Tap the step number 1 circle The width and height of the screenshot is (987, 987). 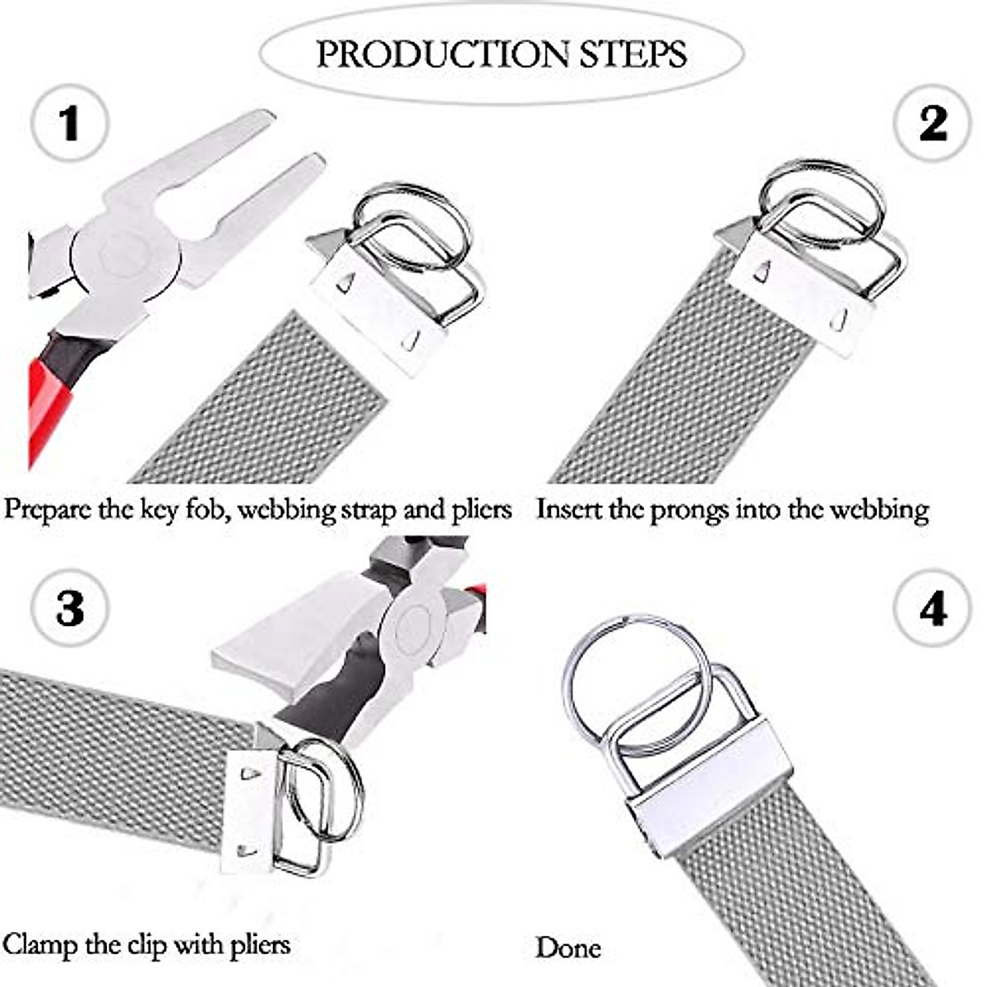pyautogui.click(x=70, y=124)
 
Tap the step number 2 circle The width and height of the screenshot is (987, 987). pyautogui.click(x=932, y=123)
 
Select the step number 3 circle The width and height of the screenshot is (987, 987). pyautogui.click(x=70, y=609)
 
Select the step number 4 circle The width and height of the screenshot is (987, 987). pyautogui.click(x=932, y=609)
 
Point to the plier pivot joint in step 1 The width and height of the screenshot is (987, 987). pyautogui.click(x=125, y=255)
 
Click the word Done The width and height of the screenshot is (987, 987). pyautogui.click(x=568, y=948)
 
